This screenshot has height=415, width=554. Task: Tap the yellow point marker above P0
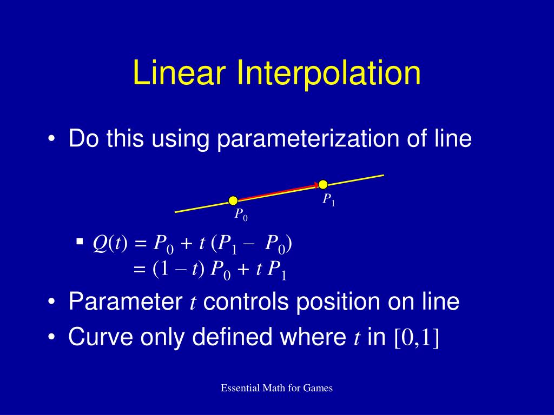[x=233, y=201]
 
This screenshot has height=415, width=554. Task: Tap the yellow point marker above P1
[x=323, y=184]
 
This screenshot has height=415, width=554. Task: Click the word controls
[x=245, y=302]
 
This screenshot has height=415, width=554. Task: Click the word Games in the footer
[x=318, y=388]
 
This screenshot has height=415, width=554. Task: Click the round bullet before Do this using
[x=51, y=139]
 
